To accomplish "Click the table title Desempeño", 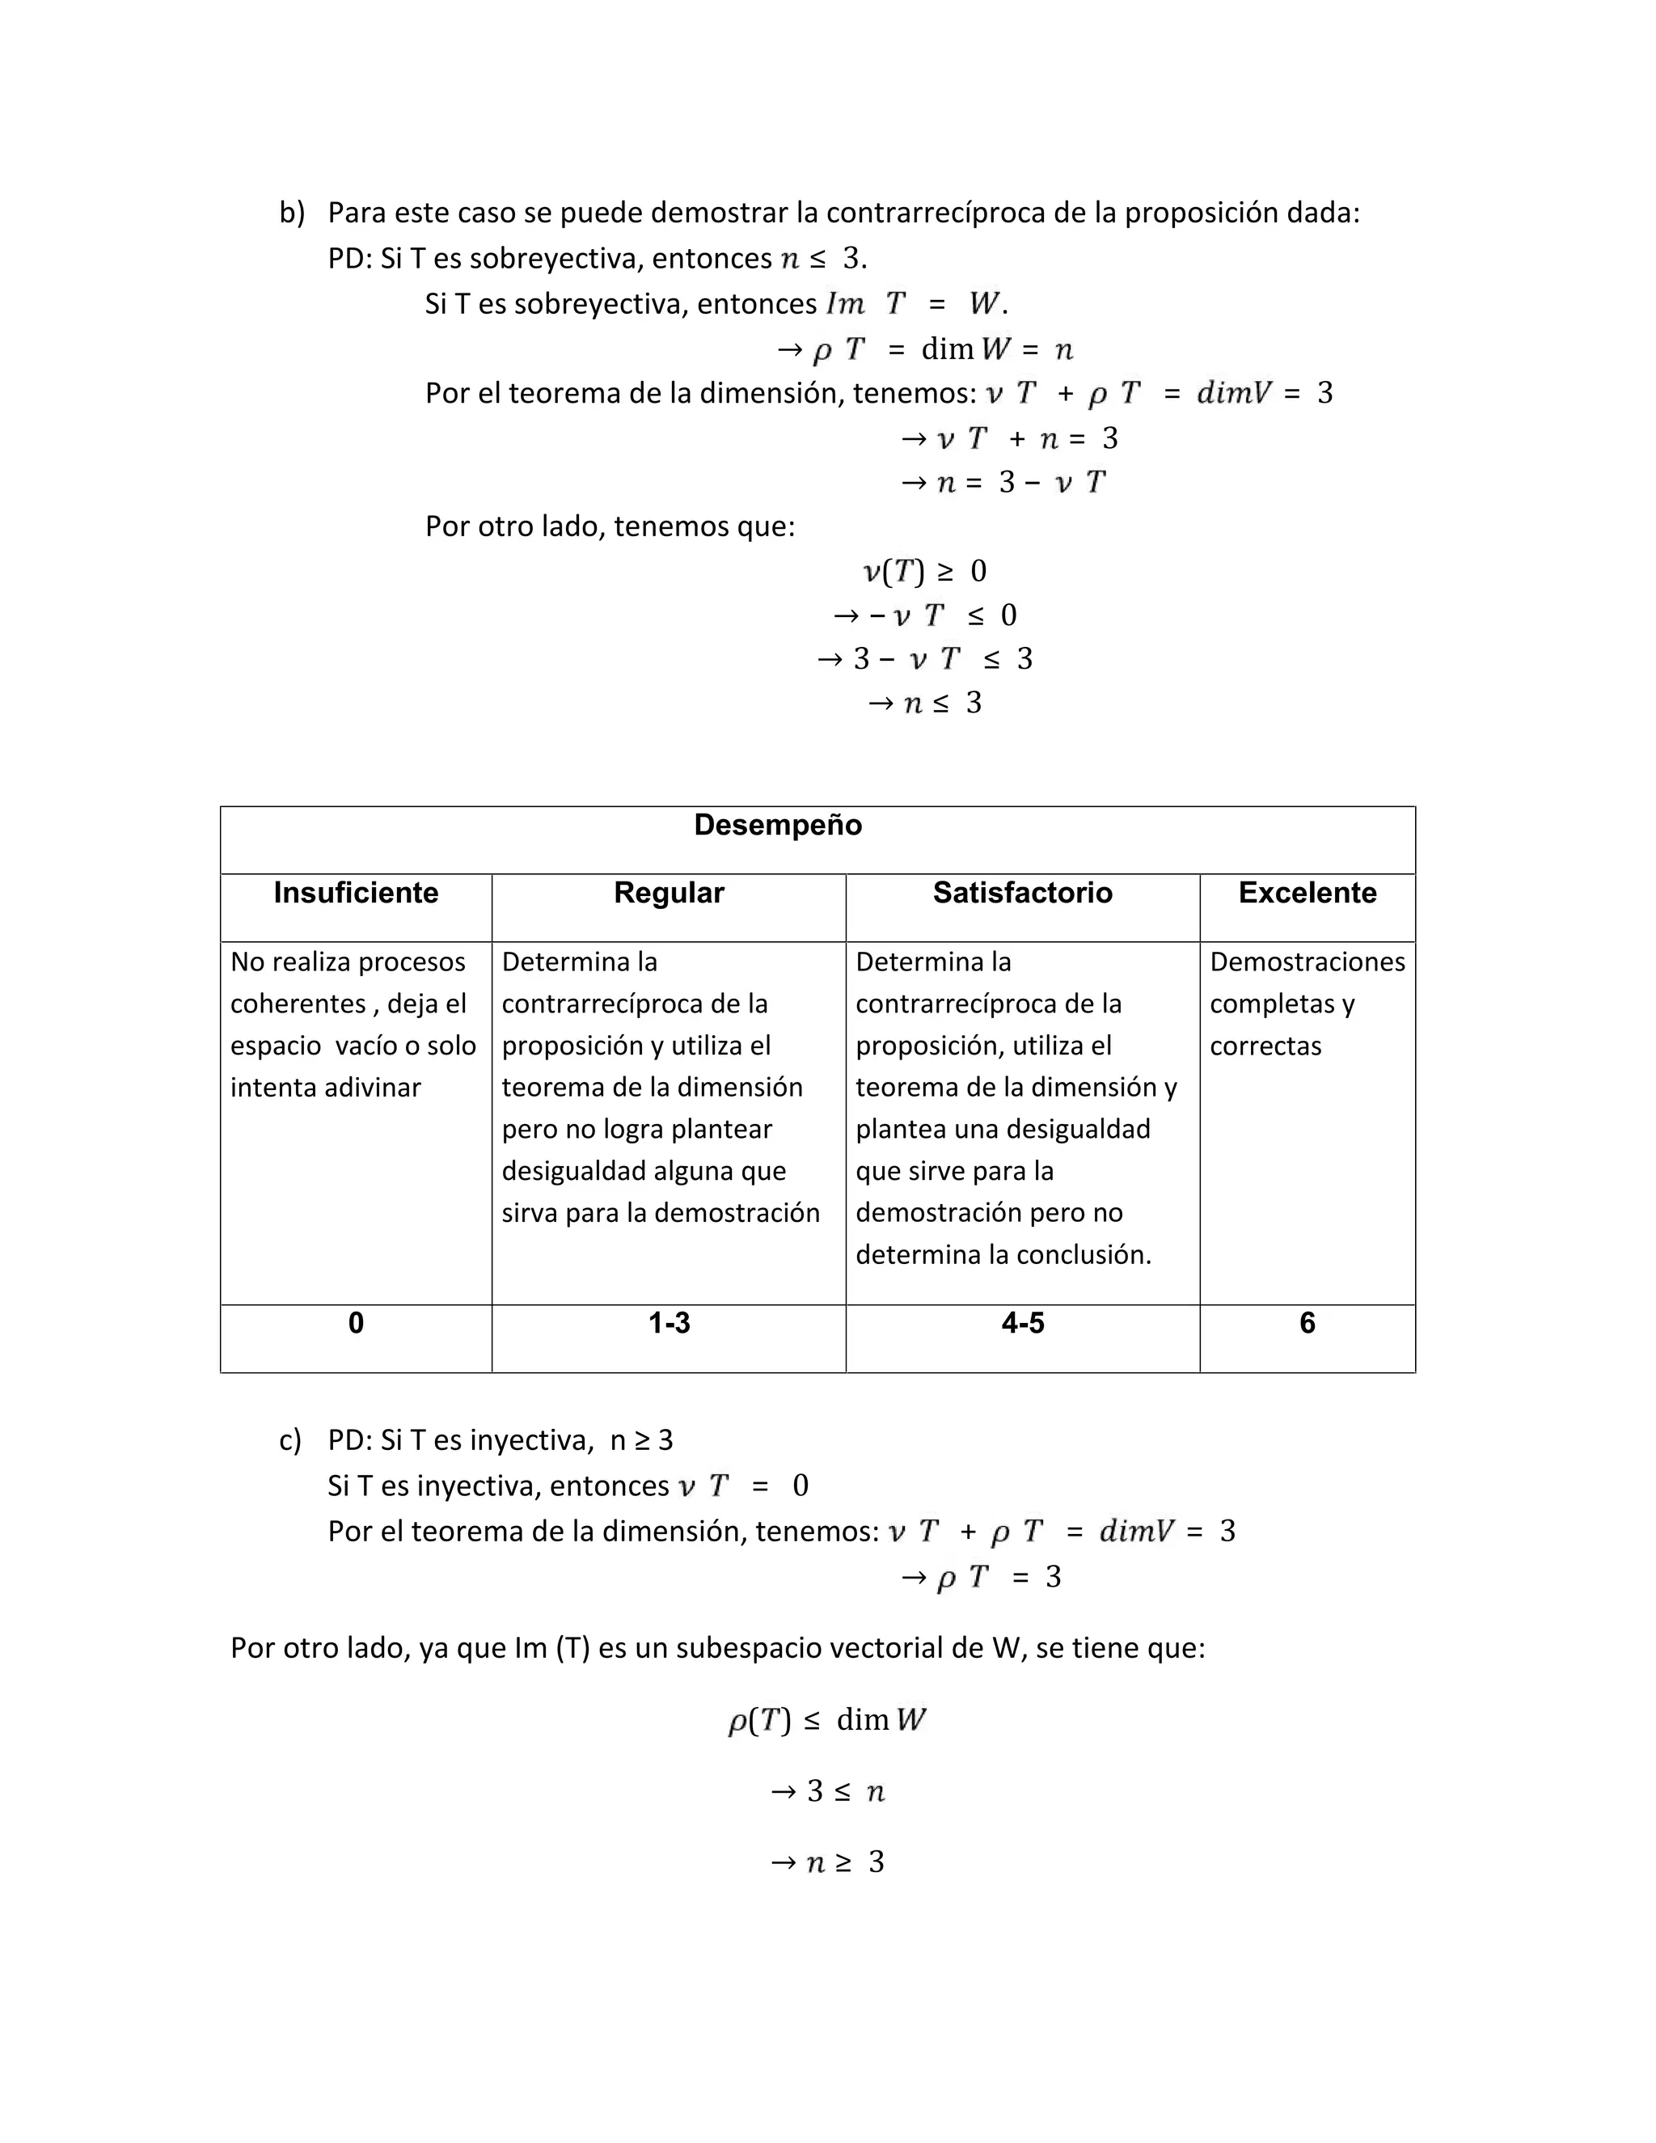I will click(777, 825).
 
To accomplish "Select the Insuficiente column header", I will click(355, 893).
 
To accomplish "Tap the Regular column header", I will click(668, 893).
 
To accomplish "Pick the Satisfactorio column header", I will click(1022, 893).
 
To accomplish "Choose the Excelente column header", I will click(1307, 893).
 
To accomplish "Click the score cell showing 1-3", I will click(668, 1324).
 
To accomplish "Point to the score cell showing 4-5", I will click(1022, 1324).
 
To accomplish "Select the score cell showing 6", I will click(1307, 1324).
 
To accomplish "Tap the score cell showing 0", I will click(355, 1324).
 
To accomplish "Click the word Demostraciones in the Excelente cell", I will click(1307, 962).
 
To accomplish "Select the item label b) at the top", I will click(291, 213).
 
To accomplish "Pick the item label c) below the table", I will click(290, 1440).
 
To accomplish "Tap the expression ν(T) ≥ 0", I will click(924, 571).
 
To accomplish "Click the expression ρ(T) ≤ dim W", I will click(826, 1720).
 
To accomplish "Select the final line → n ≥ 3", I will click(827, 1862).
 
